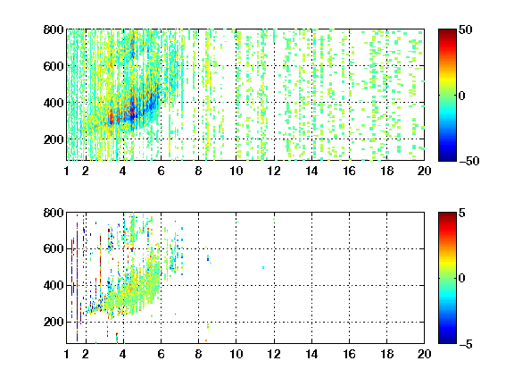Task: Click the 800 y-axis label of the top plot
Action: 54,29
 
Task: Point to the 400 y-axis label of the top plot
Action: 54,103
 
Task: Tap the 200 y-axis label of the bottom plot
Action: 54,322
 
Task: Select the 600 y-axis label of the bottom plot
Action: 54,248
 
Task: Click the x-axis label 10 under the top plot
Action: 236,171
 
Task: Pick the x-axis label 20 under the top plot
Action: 424,171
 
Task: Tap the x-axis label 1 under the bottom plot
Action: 67,354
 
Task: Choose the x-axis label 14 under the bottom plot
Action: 311,354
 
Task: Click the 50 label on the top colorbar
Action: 465,29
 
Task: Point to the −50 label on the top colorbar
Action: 468,161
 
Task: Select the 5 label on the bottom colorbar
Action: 462,213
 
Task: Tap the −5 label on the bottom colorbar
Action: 466,344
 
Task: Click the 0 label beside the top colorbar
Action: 462,96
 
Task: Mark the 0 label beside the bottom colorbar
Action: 462,279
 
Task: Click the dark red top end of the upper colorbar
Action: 447,31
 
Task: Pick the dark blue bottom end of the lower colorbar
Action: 447,341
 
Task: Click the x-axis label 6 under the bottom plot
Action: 161,354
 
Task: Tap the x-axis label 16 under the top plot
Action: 349,171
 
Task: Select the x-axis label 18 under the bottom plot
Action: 386,354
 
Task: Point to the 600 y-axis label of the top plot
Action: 54,66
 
